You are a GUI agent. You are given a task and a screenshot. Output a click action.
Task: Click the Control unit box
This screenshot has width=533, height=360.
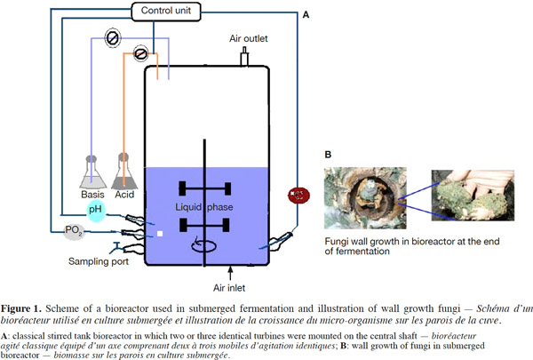click(166, 12)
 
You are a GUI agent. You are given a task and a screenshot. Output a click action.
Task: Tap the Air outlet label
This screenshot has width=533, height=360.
click(249, 39)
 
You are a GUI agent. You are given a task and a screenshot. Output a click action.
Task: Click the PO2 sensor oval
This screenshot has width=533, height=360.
click(74, 231)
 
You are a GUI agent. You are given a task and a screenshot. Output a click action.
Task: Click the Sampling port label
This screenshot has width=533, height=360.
click(99, 261)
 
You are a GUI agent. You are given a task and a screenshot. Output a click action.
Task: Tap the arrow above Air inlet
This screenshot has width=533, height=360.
click(230, 273)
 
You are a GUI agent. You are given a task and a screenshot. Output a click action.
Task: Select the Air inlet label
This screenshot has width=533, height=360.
click(229, 288)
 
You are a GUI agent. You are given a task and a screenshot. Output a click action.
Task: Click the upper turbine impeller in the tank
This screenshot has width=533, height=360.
click(205, 188)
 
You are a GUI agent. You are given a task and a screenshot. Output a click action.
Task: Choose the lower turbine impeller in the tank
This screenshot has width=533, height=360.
click(204, 225)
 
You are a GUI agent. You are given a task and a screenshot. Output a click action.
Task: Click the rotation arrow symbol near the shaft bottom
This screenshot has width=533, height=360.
click(203, 244)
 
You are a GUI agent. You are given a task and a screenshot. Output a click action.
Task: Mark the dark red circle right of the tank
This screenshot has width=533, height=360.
click(298, 196)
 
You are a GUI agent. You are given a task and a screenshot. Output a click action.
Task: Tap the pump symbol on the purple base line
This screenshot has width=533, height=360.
click(113, 37)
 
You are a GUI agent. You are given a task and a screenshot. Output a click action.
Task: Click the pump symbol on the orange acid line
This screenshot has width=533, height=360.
click(140, 53)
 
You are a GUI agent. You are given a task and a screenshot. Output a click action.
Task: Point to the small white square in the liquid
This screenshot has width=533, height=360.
click(160, 234)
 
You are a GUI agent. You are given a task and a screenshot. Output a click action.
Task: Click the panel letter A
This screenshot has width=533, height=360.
click(306, 15)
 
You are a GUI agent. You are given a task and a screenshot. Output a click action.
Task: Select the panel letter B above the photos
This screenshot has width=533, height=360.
click(328, 155)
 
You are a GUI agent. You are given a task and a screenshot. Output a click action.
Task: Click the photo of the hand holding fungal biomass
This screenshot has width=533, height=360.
click(473, 196)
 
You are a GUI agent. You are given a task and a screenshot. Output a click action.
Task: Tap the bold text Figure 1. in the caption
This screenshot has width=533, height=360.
click(21, 309)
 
